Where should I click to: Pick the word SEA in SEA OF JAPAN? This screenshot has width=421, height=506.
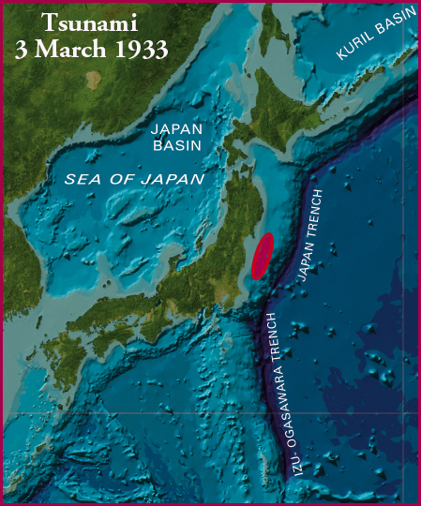point(83,176)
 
